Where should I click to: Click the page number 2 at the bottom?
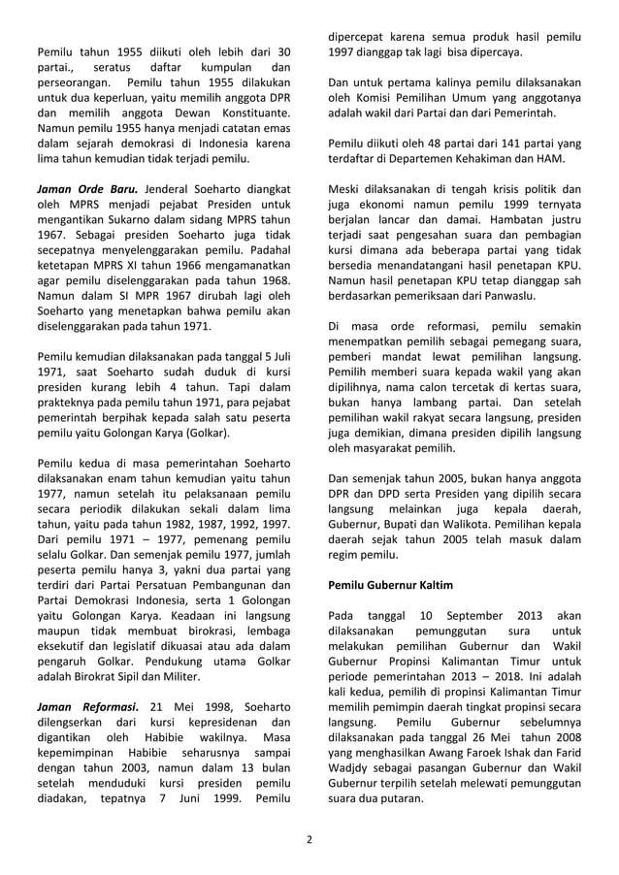[309, 840]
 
